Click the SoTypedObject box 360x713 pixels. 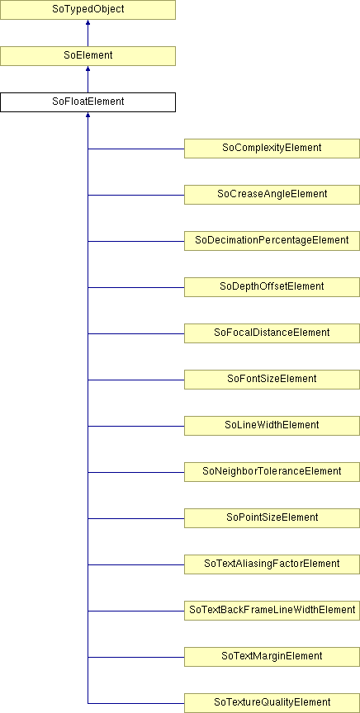88,10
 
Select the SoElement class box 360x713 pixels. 88,56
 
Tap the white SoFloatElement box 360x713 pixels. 88,102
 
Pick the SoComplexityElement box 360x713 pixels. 272,149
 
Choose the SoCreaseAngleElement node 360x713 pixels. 272,195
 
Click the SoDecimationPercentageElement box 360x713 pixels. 272,240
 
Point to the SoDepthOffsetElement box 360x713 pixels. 272,287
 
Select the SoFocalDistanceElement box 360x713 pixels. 272,333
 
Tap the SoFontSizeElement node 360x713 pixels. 272,380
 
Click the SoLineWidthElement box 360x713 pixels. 272,426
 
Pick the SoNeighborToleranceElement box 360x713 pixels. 272,472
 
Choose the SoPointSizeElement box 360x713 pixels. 272,518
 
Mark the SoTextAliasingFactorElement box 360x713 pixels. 272,564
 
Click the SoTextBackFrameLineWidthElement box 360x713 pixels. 272,611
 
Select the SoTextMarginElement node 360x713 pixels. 272,657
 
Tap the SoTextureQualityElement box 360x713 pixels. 272,703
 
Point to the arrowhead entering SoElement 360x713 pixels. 88,69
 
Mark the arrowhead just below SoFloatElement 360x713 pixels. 88,115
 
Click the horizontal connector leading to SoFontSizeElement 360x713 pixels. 136,380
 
